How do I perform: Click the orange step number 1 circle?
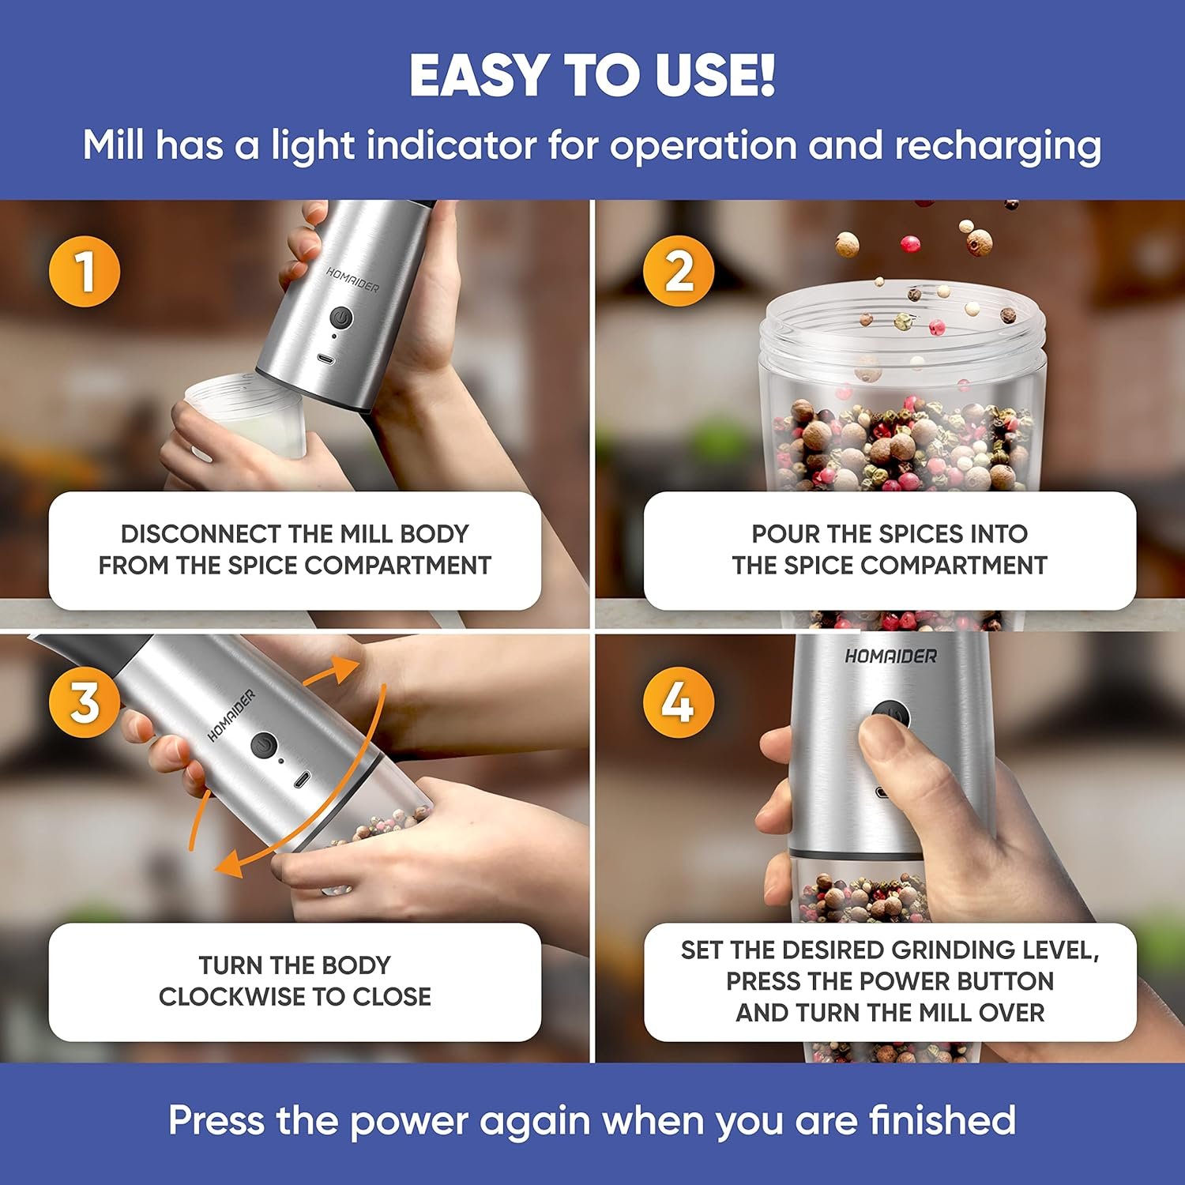[85, 271]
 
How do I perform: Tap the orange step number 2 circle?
[679, 271]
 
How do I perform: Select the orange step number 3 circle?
[85, 702]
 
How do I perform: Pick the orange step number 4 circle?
[679, 702]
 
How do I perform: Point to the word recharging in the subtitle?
[998, 147]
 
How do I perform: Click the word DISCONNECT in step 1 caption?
[201, 534]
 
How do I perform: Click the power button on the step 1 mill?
[340, 318]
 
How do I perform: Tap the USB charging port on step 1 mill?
[325, 359]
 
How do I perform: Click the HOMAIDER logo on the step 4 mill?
[890, 656]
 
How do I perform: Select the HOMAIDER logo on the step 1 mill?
[352, 279]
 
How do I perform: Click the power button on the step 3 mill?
[264, 745]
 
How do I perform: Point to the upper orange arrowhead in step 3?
[341, 671]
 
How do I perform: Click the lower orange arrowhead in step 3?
[230, 862]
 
